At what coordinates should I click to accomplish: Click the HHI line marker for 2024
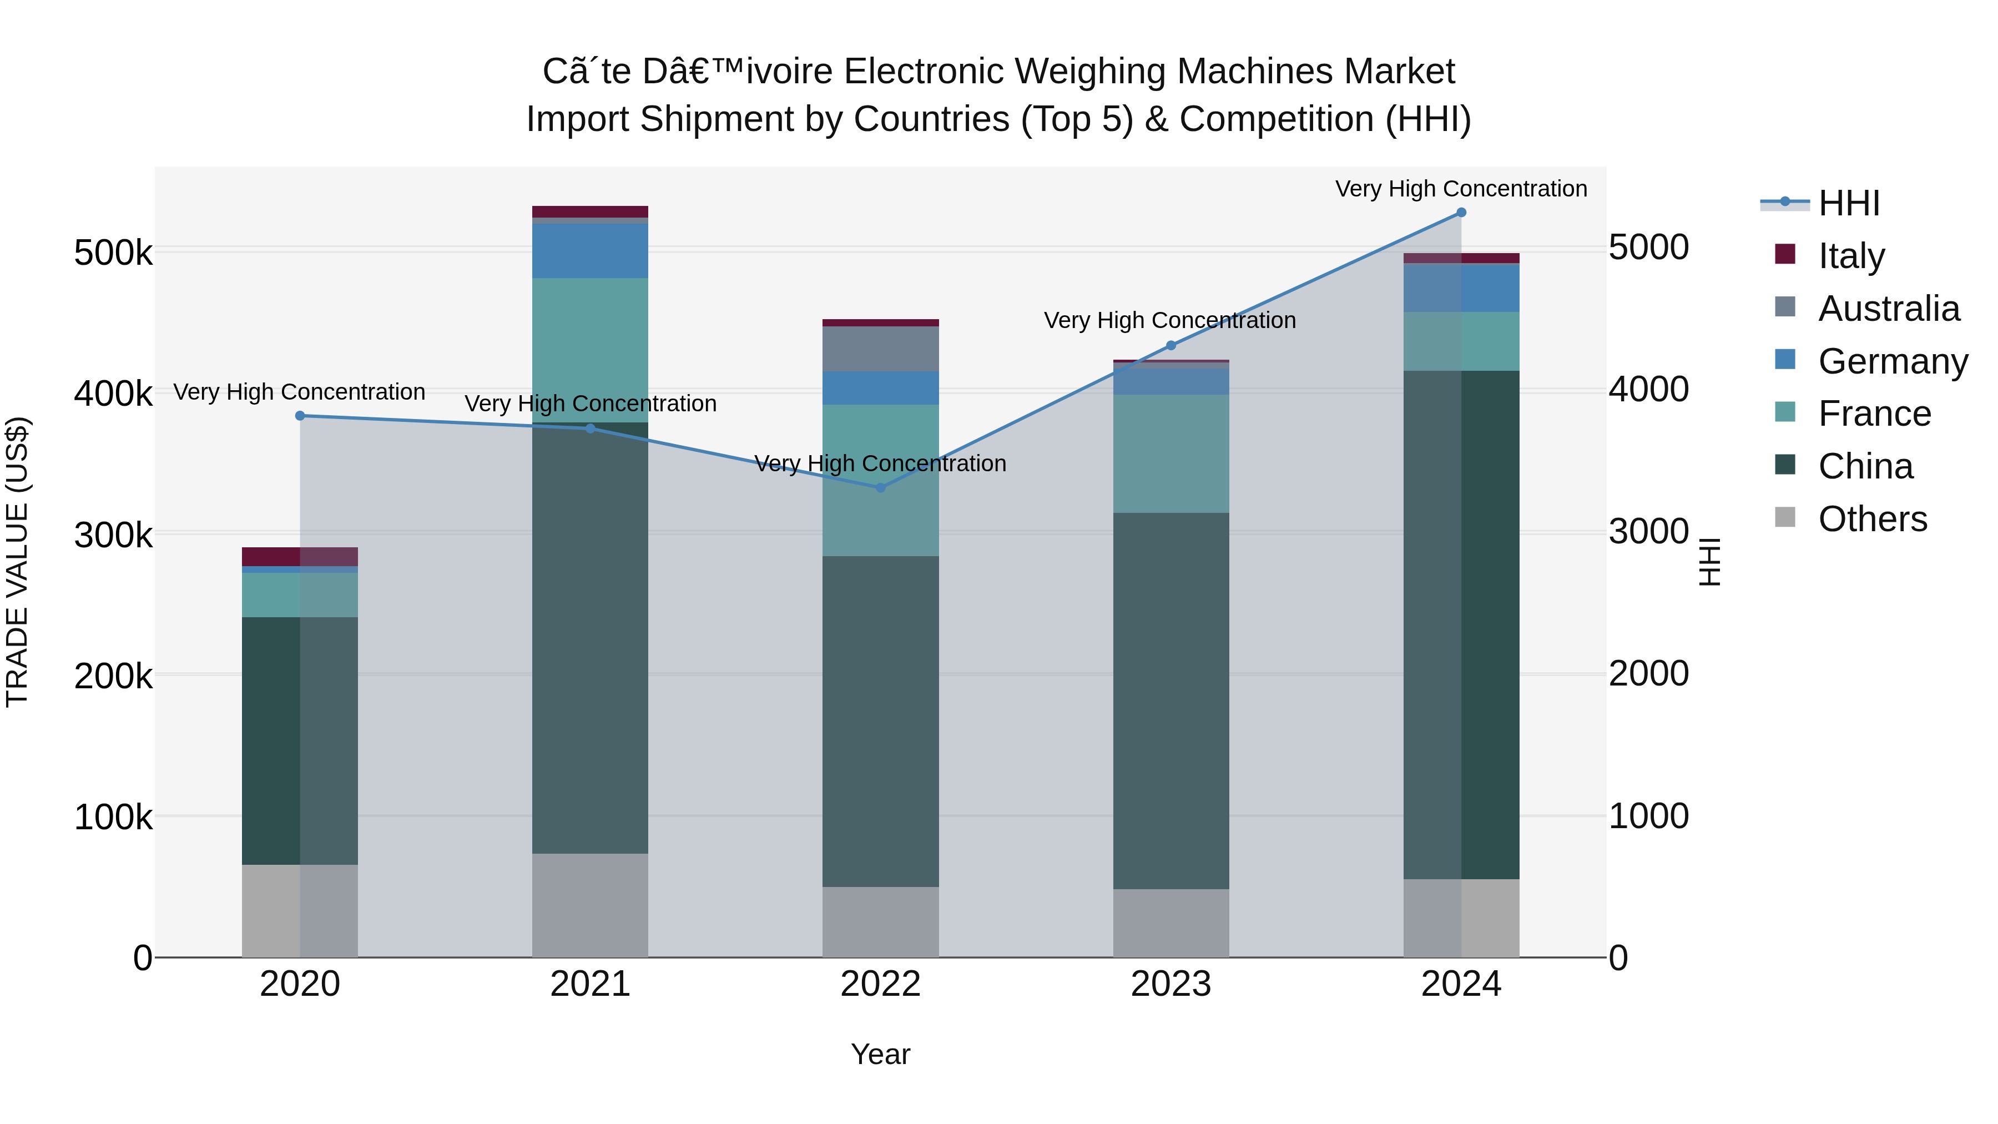(x=1461, y=213)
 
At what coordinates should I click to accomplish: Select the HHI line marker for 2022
(x=880, y=488)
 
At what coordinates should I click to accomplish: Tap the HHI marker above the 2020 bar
(x=300, y=416)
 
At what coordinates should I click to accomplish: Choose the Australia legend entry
(x=1888, y=309)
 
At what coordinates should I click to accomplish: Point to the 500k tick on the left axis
(x=113, y=253)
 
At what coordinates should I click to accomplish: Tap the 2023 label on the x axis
(x=1170, y=984)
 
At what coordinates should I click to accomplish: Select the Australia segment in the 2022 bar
(x=880, y=349)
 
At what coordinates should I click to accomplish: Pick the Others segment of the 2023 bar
(x=1170, y=923)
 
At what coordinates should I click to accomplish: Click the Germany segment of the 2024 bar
(x=1461, y=288)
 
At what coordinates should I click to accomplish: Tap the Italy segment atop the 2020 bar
(x=300, y=556)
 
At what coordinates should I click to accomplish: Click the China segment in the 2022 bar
(x=880, y=722)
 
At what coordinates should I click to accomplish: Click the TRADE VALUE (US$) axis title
(x=17, y=562)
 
